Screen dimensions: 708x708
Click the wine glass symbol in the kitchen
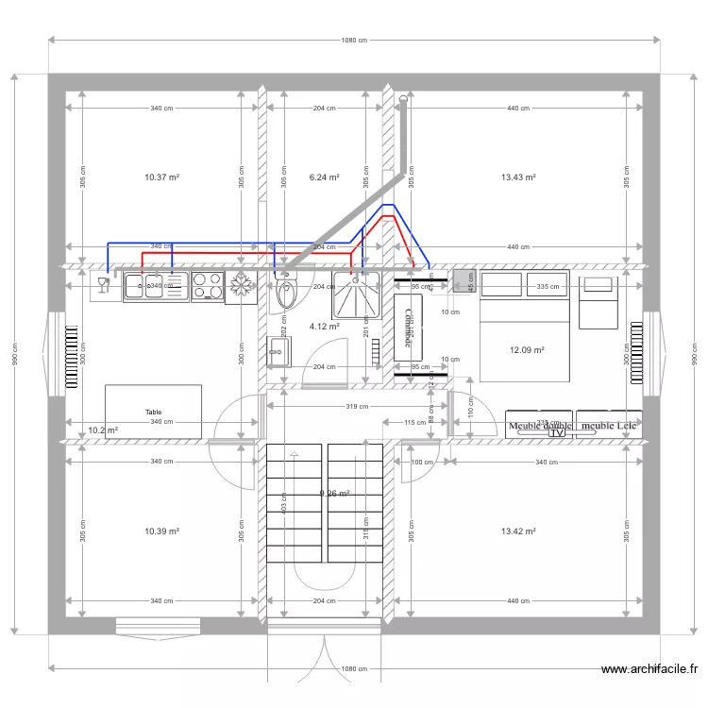click(105, 282)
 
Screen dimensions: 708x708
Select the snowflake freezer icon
click(241, 286)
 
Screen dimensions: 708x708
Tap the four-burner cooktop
click(206, 286)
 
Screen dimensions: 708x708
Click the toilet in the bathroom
click(285, 292)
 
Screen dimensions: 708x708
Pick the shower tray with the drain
click(355, 294)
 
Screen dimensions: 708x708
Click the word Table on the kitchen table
click(153, 413)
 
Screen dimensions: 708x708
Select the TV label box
click(557, 434)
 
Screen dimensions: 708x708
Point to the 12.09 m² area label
click(527, 350)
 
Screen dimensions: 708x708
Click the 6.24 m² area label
click(324, 177)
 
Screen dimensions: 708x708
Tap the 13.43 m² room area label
click(518, 177)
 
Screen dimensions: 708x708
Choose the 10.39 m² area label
click(161, 531)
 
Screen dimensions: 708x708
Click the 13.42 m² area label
click(518, 531)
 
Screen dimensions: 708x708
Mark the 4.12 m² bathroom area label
click(324, 327)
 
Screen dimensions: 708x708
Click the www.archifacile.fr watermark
click(649, 670)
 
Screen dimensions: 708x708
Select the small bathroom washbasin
click(277, 351)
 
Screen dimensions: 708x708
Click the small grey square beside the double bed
click(463, 279)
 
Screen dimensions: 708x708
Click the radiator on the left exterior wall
click(69, 359)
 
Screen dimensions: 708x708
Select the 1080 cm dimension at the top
click(354, 40)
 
